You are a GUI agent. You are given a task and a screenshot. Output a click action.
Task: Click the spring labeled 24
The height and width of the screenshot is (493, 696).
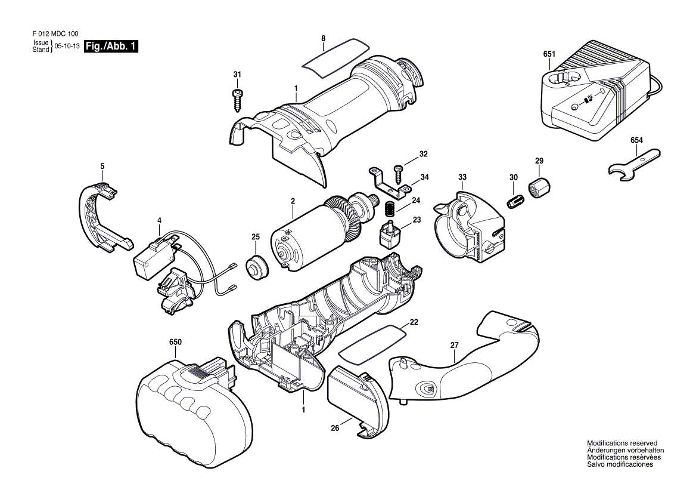click(389, 208)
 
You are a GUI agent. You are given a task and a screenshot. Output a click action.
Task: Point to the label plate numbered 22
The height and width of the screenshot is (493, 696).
click(372, 341)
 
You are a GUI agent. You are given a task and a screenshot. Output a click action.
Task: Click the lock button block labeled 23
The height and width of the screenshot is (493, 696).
click(391, 232)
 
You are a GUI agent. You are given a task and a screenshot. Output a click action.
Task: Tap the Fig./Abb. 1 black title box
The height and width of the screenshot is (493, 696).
click(111, 46)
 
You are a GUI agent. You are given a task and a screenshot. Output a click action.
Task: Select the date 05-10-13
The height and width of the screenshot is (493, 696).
click(67, 46)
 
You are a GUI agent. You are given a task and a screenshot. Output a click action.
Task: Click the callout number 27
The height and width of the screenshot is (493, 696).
click(454, 345)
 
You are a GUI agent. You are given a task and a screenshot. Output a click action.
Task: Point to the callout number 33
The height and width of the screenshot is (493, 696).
click(462, 177)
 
